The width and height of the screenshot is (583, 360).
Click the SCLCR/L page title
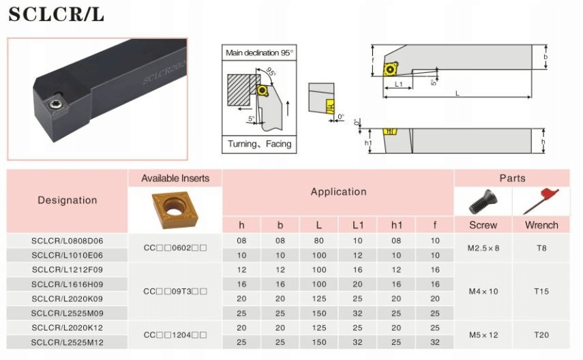pos(56,14)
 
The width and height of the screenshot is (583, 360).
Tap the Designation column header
pos(68,200)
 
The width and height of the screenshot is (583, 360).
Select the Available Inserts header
pos(175,179)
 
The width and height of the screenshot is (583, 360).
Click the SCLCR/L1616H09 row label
pos(68,284)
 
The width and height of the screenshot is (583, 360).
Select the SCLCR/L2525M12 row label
pos(68,342)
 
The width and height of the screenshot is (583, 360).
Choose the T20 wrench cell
pos(541,335)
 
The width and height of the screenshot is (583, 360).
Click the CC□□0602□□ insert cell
pos(175,247)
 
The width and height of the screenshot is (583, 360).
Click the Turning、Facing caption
pos(259,144)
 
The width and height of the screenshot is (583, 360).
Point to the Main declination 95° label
pos(259,52)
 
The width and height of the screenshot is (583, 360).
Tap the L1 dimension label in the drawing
pos(399,85)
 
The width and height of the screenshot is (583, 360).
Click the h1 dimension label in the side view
pos(368,143)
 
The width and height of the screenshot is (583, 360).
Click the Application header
pos(338,192)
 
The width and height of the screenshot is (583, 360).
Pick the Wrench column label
pos(541,225)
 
